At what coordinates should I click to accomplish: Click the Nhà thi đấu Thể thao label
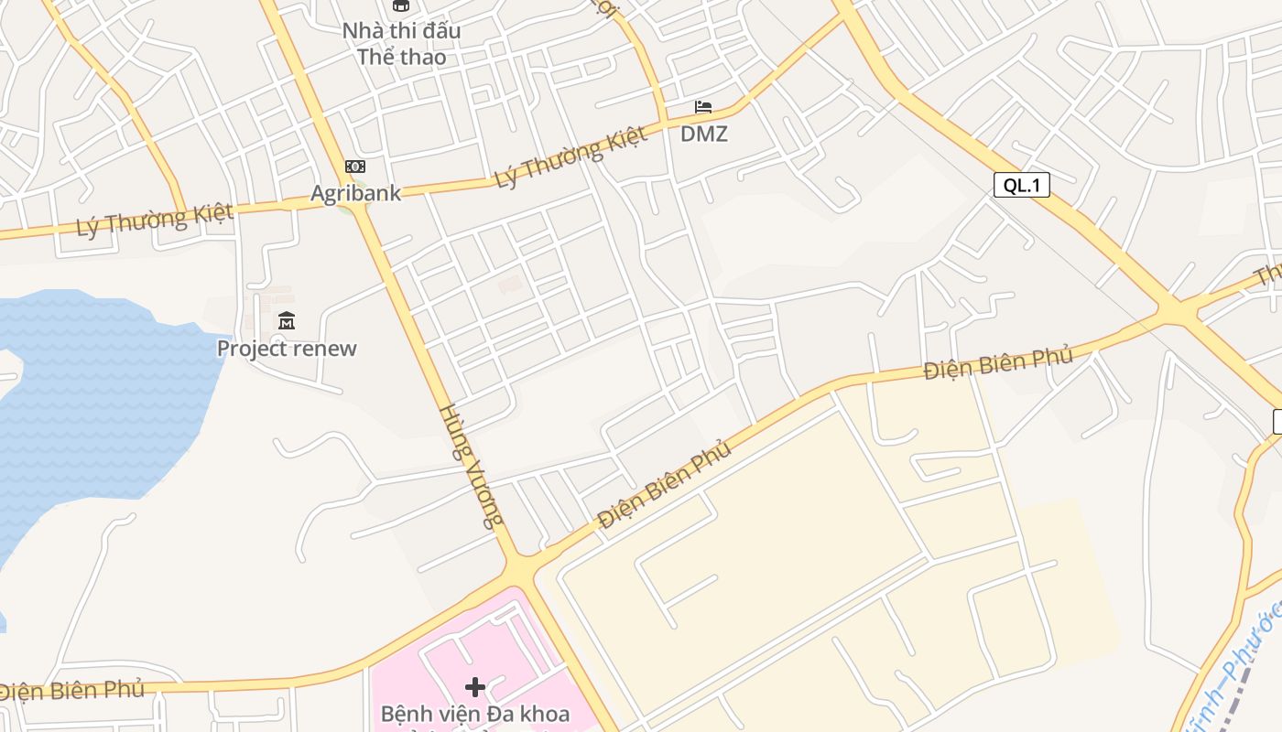pos(401,44)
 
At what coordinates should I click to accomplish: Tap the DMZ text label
pos(703,135)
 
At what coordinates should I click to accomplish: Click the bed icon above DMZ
pos(703,108)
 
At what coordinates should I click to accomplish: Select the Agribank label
pos(355,193)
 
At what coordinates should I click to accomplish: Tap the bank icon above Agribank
pos(355,167)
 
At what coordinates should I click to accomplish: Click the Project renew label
pos(287,349)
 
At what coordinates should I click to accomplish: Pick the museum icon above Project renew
pos(287,321)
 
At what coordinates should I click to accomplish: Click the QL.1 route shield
pos(1021,185)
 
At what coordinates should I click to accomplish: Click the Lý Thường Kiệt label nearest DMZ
pos(570,157)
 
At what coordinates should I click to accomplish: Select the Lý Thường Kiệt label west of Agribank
pos(154,220)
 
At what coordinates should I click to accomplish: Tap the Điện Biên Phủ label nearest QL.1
pos(997,363)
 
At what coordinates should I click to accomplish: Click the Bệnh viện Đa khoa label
pos(474,714)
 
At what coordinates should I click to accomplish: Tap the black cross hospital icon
pos(474,687)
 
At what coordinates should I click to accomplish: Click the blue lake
pos(92,403)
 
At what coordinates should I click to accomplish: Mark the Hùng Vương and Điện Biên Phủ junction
pos(521,571)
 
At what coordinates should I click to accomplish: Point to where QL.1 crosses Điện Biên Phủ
pos(1178,313)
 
